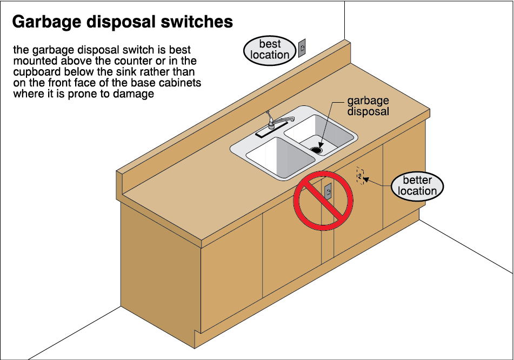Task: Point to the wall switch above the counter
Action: [303, 49]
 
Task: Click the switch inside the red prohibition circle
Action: [328, 191]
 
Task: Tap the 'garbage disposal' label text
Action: [368, 106]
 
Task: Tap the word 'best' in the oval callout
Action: [270, 44]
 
